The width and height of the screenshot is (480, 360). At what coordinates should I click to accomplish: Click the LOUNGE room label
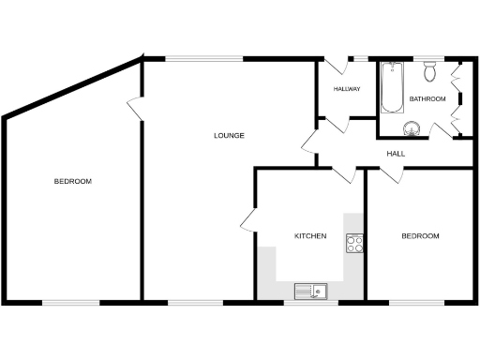(229, 136)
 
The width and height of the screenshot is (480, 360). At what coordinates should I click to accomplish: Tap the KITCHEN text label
(310, 236)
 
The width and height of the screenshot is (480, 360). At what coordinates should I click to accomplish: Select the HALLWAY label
(347, 89)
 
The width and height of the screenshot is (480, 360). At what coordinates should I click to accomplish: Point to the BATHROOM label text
(427, 98)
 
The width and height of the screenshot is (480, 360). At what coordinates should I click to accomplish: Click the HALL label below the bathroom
(395, 154)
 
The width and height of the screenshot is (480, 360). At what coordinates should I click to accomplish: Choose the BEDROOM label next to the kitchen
(420, 236)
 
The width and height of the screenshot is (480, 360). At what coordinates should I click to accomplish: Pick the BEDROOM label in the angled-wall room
(72, 181)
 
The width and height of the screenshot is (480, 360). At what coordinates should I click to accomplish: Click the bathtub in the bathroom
(391, 87)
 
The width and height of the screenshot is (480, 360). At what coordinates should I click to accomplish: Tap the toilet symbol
(430, 70)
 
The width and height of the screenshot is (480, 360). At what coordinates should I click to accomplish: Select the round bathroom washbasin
(412, 128)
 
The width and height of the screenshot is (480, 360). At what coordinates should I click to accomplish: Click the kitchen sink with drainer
(310, 291)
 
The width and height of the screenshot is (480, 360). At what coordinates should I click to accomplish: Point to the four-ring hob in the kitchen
(355, 244)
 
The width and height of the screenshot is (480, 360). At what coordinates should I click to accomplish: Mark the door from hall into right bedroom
(392, 172)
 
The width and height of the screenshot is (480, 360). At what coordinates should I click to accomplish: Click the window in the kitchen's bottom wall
(310, 302)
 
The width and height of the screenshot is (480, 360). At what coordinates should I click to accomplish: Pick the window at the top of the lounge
(204, 59)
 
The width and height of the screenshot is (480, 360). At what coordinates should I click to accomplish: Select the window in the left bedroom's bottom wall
(71, 302)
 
